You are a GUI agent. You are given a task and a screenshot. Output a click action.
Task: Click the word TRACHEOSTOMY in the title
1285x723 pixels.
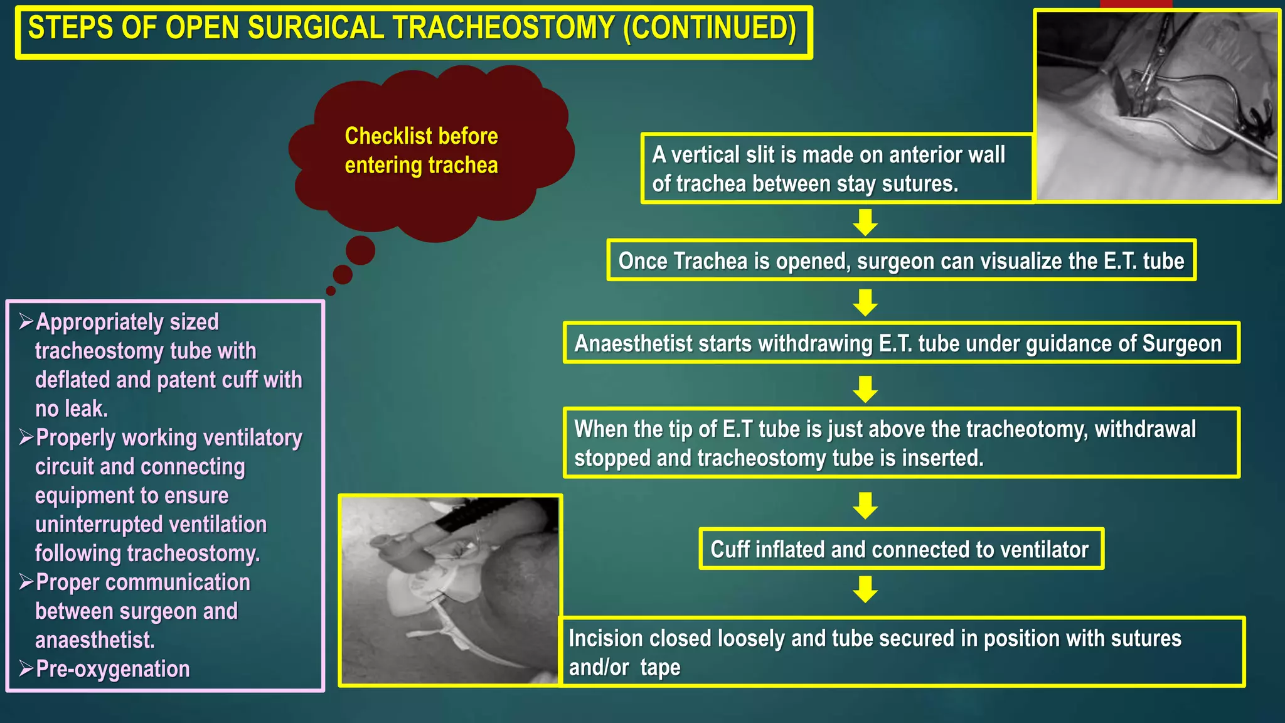[x=504, y=29]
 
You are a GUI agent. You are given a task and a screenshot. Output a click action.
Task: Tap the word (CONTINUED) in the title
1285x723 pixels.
[x=710, y=29]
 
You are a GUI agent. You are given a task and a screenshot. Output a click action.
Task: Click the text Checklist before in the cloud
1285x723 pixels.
[x=421, y=136]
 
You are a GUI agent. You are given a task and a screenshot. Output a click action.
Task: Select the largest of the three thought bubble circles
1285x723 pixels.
[x=360, y=250]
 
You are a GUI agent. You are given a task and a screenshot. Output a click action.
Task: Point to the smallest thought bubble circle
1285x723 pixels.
[x=331, y=291]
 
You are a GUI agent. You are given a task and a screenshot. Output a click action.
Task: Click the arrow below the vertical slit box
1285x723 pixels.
[x=865, y=222]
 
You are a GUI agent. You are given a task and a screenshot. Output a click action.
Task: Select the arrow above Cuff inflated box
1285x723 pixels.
[x=865, y=505]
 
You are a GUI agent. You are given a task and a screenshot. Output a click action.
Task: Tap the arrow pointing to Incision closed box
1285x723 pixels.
[x=865, y=589]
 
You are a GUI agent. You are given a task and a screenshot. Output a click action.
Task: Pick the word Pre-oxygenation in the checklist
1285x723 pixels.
[x=113, y=669]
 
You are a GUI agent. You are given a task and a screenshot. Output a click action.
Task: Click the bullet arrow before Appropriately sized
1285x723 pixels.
[x=26, y=322]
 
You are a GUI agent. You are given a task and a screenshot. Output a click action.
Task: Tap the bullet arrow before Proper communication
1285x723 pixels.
[x=26, y=582]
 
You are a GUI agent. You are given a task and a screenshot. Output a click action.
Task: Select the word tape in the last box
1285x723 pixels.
[x=660, y=668]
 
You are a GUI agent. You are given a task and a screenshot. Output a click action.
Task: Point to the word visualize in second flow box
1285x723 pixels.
[x=1023, y=261]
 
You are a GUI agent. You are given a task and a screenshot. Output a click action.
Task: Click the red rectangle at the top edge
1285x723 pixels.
[x=1136, y=4]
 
